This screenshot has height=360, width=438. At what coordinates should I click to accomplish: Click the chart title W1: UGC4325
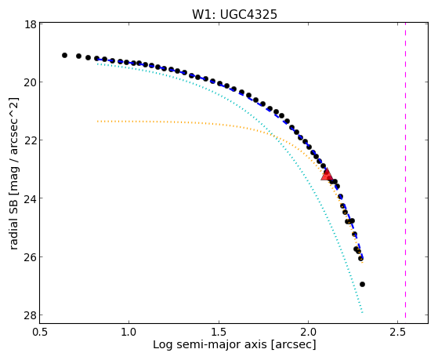234,15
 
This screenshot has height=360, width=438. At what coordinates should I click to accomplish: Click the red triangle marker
326,175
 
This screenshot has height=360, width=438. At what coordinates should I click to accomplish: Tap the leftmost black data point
64,56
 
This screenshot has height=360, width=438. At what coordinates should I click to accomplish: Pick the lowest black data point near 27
362,284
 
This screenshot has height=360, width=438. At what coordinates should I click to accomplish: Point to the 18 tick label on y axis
31,24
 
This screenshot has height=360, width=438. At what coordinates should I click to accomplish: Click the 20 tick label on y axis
30,82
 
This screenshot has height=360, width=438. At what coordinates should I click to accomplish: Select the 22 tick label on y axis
30,140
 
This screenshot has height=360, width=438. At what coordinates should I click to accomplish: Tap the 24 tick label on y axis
30,198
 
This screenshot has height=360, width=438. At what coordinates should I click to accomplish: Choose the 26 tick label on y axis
30,256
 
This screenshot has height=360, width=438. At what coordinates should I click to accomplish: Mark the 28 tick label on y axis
30,315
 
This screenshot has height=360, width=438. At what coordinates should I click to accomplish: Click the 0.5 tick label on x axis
41,333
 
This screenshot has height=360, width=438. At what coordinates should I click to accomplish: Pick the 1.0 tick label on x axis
129,333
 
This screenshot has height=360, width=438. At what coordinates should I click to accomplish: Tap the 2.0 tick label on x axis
308,333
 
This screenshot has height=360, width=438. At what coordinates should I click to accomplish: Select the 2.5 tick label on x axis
398,333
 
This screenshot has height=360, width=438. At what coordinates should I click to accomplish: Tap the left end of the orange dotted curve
97,122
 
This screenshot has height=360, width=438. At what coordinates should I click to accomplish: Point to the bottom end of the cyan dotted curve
362,312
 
